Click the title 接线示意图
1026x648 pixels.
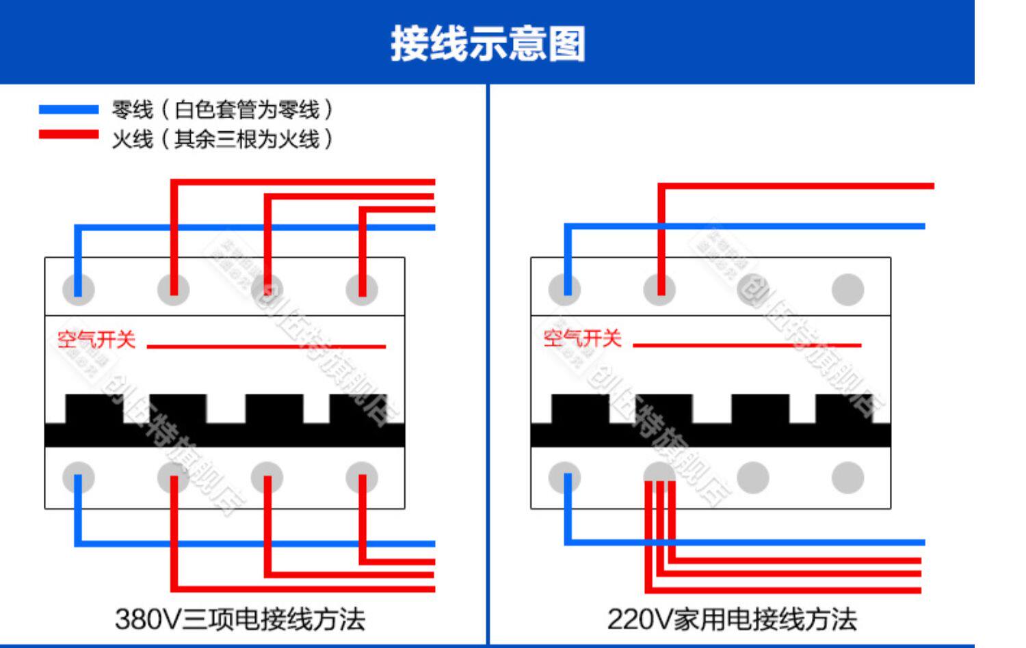pos(487,44)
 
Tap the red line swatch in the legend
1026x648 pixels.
pos(68,135)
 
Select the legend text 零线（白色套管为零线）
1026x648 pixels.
pos(223,109)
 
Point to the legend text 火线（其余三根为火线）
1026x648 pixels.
pos(223,139)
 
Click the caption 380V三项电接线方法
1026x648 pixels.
pos(239,619)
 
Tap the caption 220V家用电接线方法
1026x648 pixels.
pos(732,619)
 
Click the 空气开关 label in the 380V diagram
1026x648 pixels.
pos(96,340)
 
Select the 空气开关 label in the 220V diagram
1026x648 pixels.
pos(582,338)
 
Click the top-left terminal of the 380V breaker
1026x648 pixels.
pos(78,289)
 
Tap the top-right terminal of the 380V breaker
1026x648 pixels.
pos(362,289)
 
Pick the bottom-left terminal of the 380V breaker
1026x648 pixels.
pos(78,477)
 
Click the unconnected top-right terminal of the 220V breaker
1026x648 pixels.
pos(847,289)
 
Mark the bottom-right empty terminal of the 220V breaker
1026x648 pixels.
pos(847,477)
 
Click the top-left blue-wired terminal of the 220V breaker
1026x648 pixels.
pos(565,289)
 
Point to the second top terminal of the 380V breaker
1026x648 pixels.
pos(173,289)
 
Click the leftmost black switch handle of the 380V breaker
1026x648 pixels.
pos(94,409)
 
